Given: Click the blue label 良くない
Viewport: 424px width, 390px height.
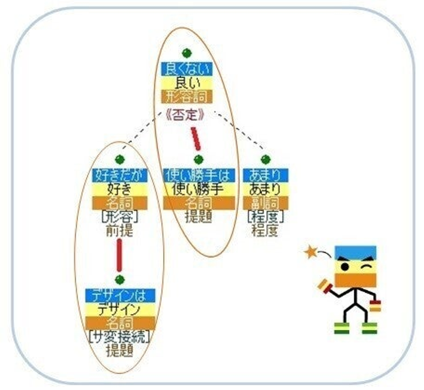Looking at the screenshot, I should tap(187, 69).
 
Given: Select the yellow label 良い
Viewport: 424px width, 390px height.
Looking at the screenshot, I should tap(187, 83).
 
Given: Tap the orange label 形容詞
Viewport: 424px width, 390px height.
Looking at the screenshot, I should tap(187, 96).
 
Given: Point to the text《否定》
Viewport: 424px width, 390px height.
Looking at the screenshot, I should tap(185, 115).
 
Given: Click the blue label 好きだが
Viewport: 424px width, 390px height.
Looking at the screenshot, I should tap(120, 175).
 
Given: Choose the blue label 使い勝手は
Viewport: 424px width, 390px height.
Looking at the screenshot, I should tap(199, 175).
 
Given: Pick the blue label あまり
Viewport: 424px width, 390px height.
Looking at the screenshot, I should tap(265, 175).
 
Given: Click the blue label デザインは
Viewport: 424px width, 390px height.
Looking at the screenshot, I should tap(120, 295).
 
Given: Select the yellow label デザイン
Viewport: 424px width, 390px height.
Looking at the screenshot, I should tap(120, 309).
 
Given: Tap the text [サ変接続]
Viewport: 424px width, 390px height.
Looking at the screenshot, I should tap(119, 337).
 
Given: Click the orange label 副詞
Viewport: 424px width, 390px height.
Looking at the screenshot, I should tap(265, 203).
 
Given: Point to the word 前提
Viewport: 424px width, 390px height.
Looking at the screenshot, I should tap(119, 230).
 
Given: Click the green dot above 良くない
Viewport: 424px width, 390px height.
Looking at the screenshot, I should tap(187, 53).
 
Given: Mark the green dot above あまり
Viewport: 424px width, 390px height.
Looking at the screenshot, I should tap(266, 159).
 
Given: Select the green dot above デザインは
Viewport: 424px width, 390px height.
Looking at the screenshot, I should tap(120, 279).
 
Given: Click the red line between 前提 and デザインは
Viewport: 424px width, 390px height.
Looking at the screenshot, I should tap(119, 255).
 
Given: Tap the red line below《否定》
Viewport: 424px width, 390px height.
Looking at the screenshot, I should tap(196, 139).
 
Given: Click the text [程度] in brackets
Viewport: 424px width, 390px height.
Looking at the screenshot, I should tap(265, 217).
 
